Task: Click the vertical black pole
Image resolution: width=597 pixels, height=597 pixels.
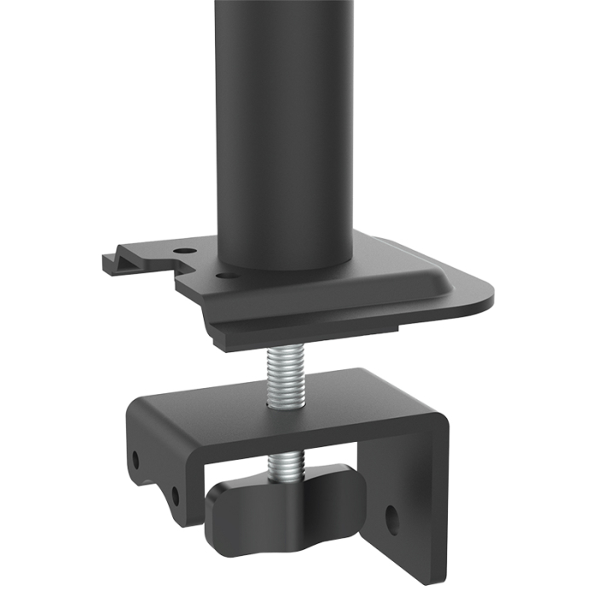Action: point(283,128)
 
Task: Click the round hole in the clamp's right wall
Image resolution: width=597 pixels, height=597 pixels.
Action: point(391,516)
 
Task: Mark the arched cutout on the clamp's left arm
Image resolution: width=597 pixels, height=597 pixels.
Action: point(154,478)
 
